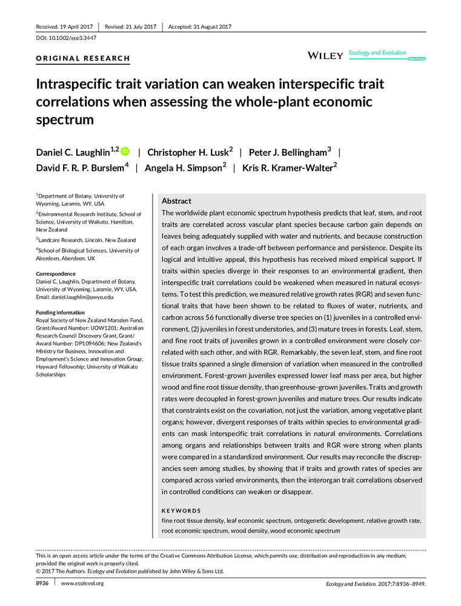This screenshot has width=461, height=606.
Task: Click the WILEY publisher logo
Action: tap(326, 56)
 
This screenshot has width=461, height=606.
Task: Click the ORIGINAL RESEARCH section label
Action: tap(83, 59)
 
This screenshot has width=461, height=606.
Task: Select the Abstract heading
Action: tap(176, 201)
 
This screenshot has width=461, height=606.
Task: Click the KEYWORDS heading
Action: tap(181, 511)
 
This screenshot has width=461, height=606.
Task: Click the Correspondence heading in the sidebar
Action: tap(59, 274)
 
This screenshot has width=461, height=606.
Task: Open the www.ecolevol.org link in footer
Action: tap(83, 583)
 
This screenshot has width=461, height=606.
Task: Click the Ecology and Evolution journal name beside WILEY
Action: tap(377, 53)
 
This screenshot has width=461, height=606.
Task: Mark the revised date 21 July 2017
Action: tap(131, 27)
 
